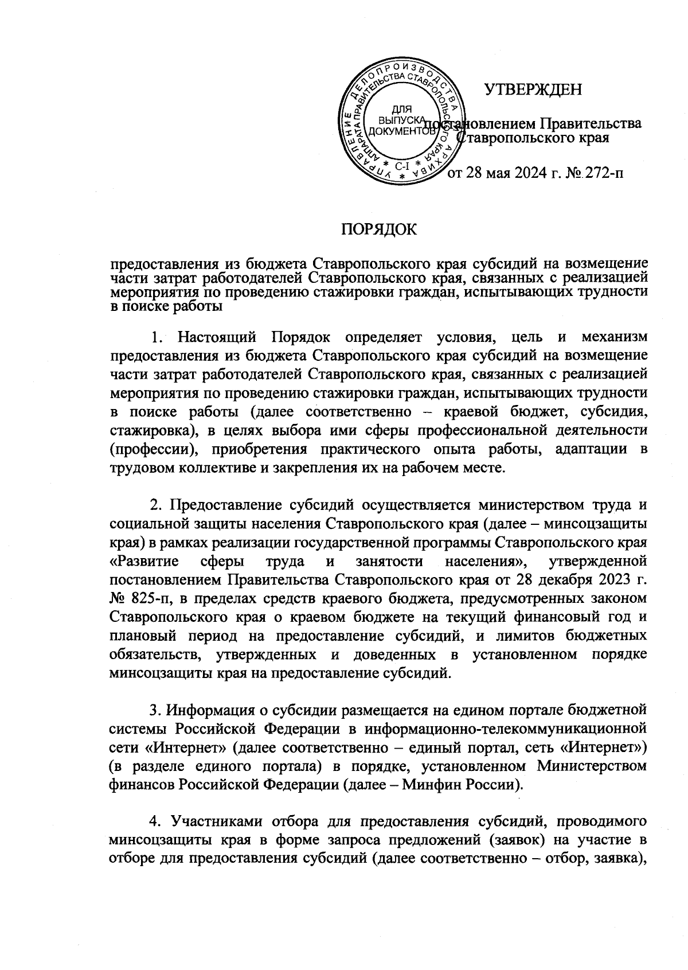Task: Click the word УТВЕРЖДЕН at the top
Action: pyautogui.click(x=533, y=90)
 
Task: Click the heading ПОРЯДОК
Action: pyautogui.click(x=379, y=230)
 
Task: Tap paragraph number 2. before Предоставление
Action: pyautogui.click(x=155, y=507)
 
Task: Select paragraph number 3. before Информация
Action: pyautogui.click(x=155, y=711)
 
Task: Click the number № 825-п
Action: pyautogui.click(x=138, y=598)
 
